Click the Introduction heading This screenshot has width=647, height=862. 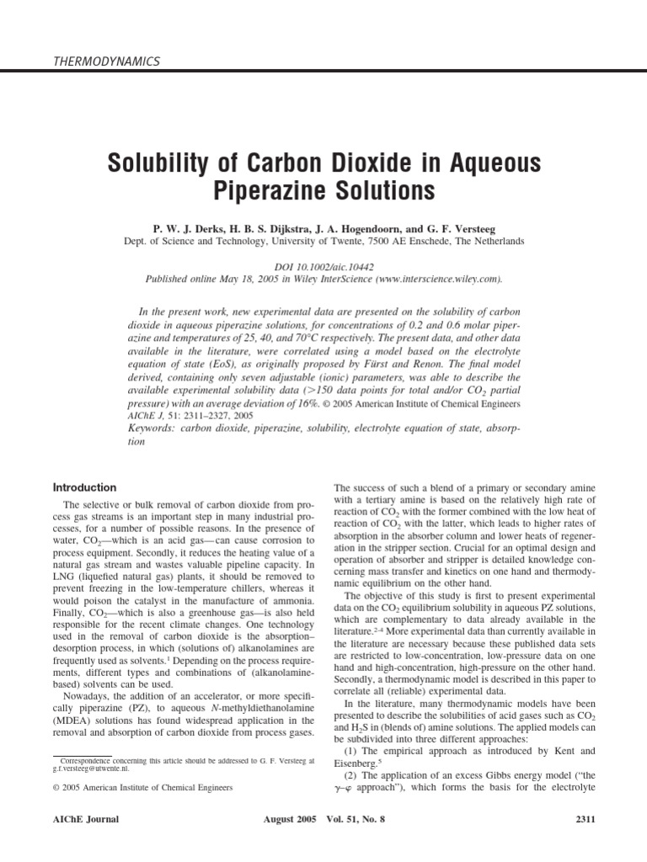85,487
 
